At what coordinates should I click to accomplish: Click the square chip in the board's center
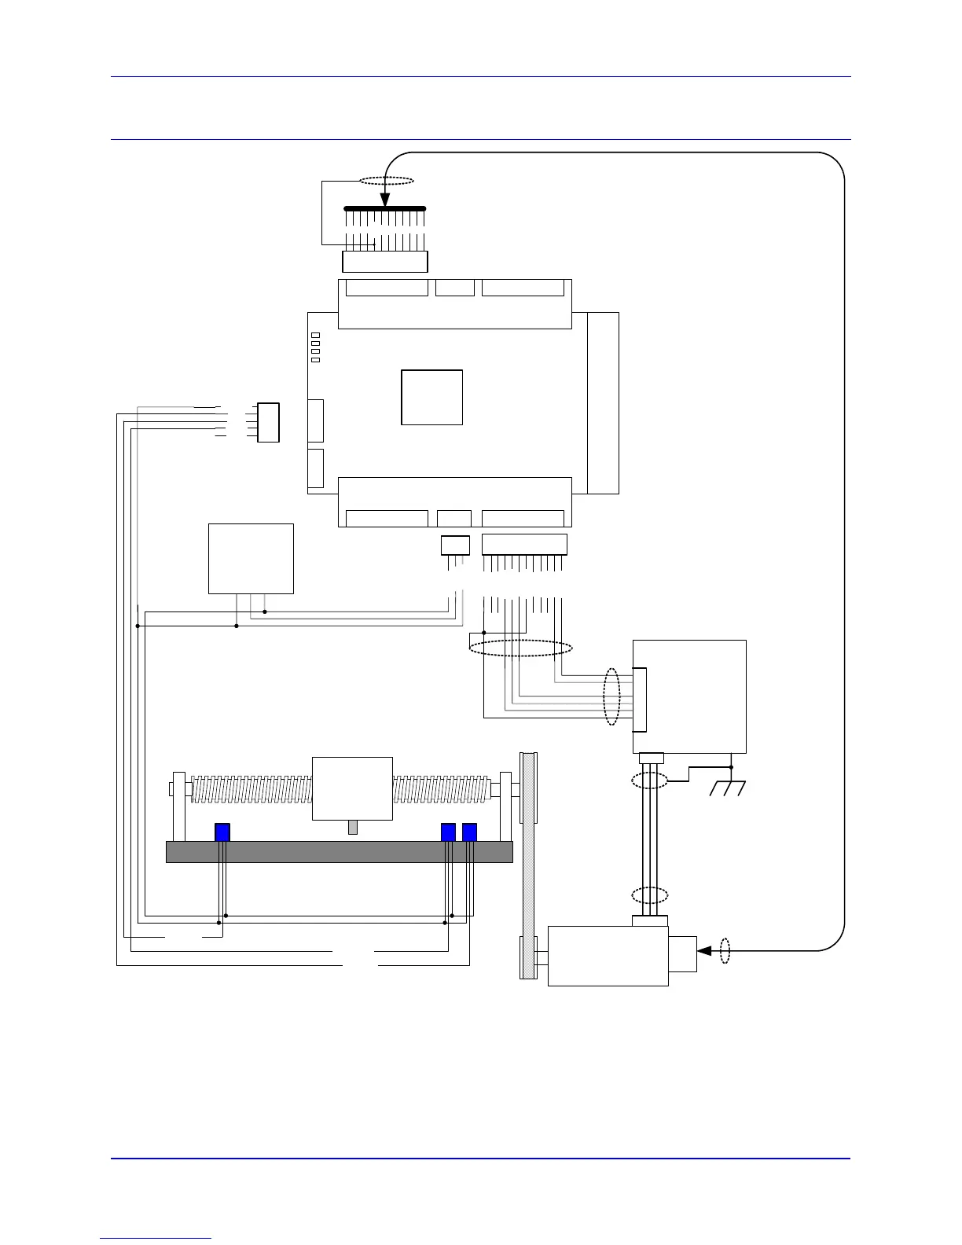[431, 397]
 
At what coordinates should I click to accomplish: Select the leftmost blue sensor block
[222, 832]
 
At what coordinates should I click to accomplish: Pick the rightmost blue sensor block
[469, 832]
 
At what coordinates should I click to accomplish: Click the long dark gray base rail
[339, 851]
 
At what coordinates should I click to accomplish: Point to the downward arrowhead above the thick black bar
[385, 200]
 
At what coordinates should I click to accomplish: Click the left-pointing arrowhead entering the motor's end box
[704, 951]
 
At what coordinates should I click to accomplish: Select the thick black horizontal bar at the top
[385, 209]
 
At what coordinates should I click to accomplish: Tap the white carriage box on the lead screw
[352, 788]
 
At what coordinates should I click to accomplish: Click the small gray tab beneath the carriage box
[353, 827]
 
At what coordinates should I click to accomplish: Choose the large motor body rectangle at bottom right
[608, 956]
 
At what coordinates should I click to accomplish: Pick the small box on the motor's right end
[682, 954]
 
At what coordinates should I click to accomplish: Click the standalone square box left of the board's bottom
[251, 558]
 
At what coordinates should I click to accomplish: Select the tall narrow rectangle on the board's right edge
[603, 402]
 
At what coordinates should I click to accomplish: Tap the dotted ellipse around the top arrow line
[386, 181]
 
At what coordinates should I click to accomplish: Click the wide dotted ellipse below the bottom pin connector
[520, 648]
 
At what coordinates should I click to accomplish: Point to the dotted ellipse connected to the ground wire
[650, 781]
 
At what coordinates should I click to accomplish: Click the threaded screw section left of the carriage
[252, 789]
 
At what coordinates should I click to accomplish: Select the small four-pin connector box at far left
[268, 422]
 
